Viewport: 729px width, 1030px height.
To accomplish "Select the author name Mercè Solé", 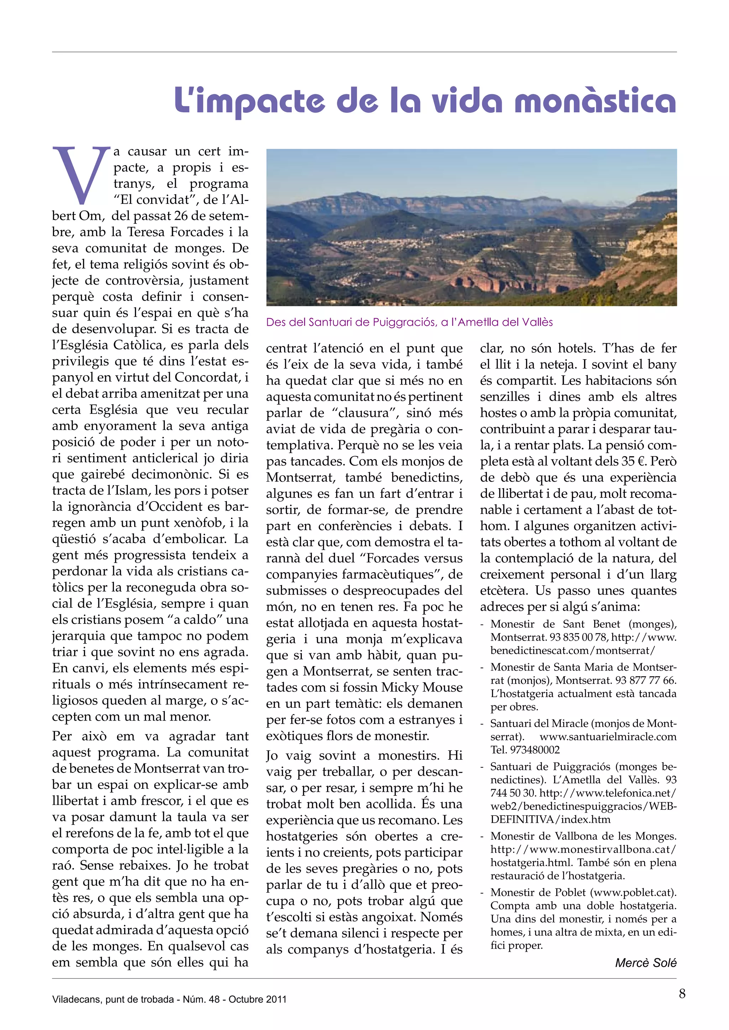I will [x=645, y=963].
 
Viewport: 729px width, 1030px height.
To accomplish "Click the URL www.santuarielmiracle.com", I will [x=608, y=737].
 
